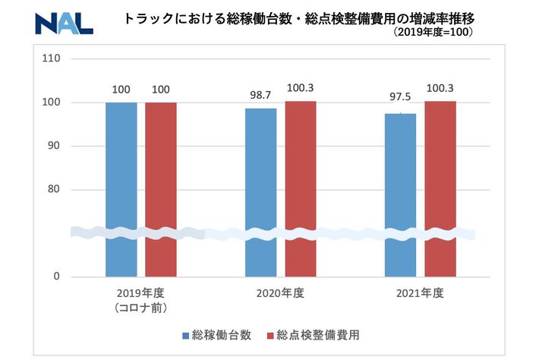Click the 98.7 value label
[x=261, y=96]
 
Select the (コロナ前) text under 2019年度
[x=140, y=308]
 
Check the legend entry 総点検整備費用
[x=320, y=335]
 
